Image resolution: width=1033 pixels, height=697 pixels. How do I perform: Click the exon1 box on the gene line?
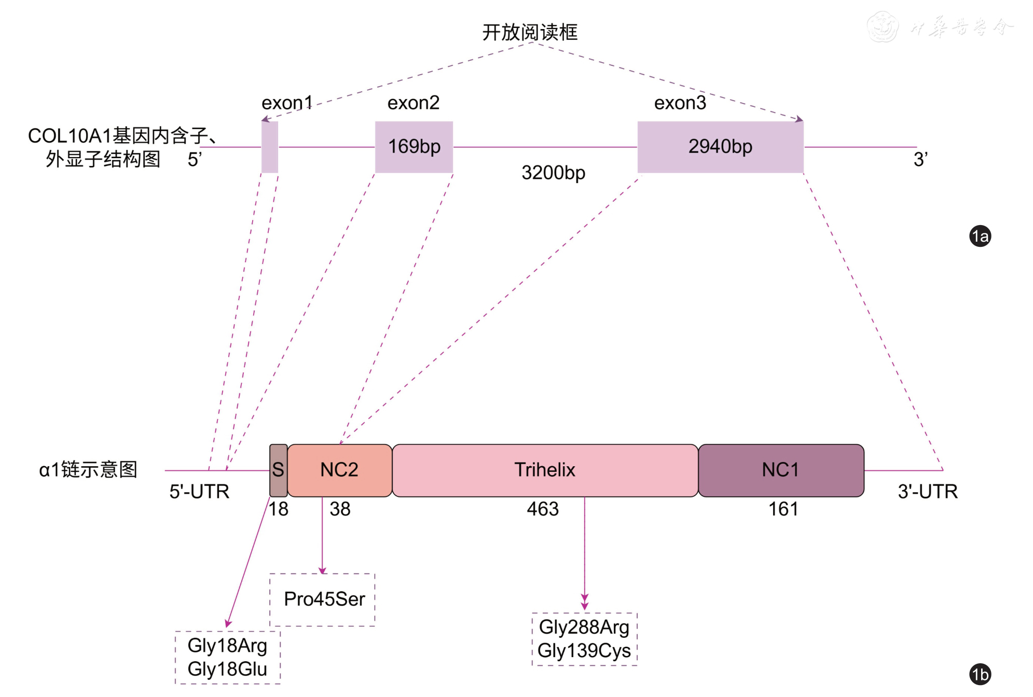(x=270, y=147)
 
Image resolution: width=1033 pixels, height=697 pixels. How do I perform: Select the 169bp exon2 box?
(x=414, y=147)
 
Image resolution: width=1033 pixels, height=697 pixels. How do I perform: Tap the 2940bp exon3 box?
(x=720, y=147)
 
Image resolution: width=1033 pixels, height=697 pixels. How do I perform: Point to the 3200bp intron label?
(x=553, y=173)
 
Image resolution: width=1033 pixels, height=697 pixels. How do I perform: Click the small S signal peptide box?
(x=278, y=470)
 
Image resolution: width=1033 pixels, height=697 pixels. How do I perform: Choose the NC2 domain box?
(x=339, y=470)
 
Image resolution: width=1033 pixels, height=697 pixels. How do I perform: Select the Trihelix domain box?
(x=545, y=470)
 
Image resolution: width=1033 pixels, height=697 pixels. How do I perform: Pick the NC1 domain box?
(x=780, y=470)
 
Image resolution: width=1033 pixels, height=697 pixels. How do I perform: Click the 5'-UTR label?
(x=199, y=492)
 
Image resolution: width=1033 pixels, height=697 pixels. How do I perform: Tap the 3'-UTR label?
(x=928, y=492)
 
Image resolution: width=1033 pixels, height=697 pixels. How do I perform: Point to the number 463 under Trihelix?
(x=543, y=509)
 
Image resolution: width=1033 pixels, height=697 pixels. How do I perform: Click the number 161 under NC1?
(x=783, y=509)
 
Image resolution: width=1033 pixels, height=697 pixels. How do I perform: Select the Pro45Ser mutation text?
(x=324, y=600)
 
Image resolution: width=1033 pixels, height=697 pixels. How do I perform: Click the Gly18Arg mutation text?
(x=227, y=646)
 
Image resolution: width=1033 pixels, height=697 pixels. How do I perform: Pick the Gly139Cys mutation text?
(x=584, y=651)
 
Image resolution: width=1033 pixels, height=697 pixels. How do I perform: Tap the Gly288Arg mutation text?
(x=584, y=628)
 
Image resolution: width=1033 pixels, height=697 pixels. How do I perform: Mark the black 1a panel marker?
(x=980, y=236)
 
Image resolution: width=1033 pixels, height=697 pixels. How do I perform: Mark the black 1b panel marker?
(x=980, y=675)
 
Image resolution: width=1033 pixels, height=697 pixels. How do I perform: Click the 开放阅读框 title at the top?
(x=530, y=32)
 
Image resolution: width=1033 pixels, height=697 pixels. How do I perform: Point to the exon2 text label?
(x=414, y=103)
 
